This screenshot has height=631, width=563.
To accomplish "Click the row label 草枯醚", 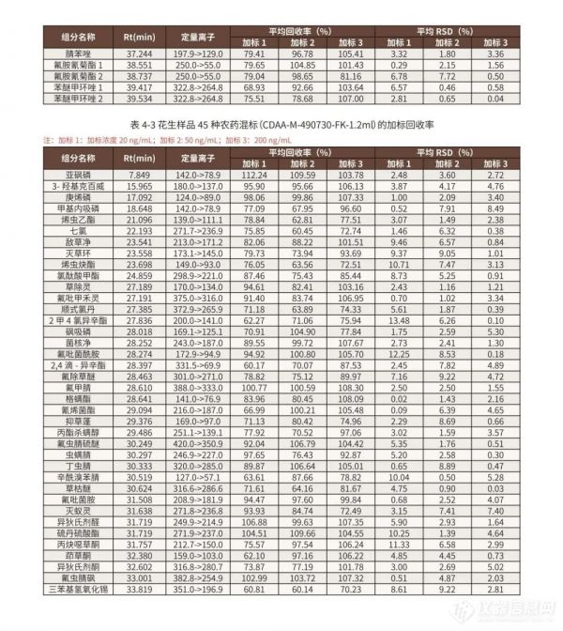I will pyautogui.click(x=79, y=488).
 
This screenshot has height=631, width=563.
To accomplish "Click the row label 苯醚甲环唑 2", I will pyautogui.click(x=79, y=97).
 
